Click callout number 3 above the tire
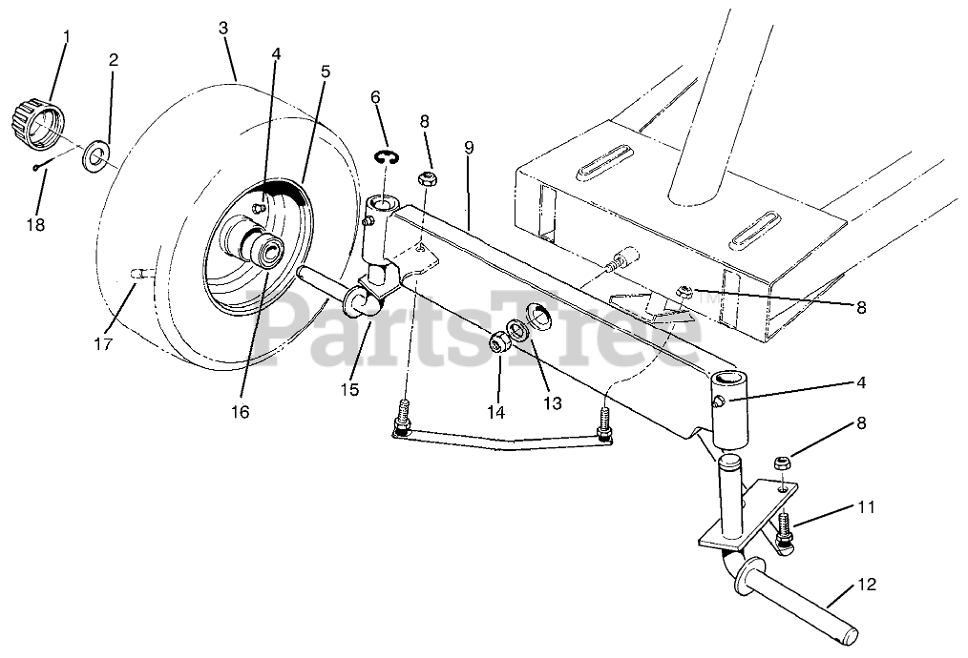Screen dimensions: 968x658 click(x=222, y=28)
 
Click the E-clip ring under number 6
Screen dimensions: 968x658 click(x=386, y=158)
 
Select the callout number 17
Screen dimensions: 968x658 click(x=102, y=343)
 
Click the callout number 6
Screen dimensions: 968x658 click(x=375, y=97)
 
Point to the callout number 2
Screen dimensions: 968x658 click(x=114, y=59)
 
